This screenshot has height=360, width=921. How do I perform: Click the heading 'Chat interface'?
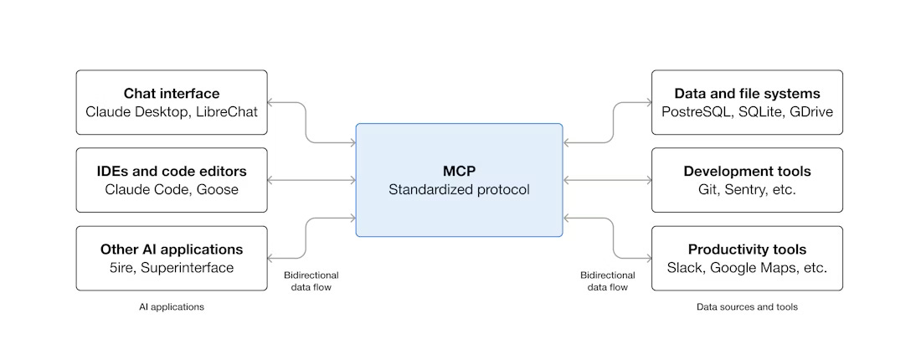click(x=172, y=93)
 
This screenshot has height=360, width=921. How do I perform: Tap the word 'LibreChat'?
click(x=227, y=111)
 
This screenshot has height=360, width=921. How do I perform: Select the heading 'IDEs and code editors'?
click(x=172, y=171)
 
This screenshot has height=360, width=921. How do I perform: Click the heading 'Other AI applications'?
click(x=172, y=249)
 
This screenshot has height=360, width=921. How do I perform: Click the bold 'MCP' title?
click(x=459, y=171)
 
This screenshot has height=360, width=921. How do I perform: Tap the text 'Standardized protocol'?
click(x=459, y=189)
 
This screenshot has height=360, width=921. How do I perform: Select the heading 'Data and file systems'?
click(x=747, y=93)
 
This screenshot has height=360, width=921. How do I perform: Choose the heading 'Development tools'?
click(x=747, y=171)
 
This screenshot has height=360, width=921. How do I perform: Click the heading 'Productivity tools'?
click(x=747, y=249)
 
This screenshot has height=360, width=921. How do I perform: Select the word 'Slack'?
click(x=685, y=268)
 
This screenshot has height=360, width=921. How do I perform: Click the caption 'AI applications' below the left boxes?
click(x=172, y=307)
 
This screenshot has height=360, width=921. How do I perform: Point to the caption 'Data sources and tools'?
click(x=747, y=307)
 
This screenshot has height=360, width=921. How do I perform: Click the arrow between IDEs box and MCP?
click(x=311, y=180)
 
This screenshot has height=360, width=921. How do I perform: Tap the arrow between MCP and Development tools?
click(x=607, y=180)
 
